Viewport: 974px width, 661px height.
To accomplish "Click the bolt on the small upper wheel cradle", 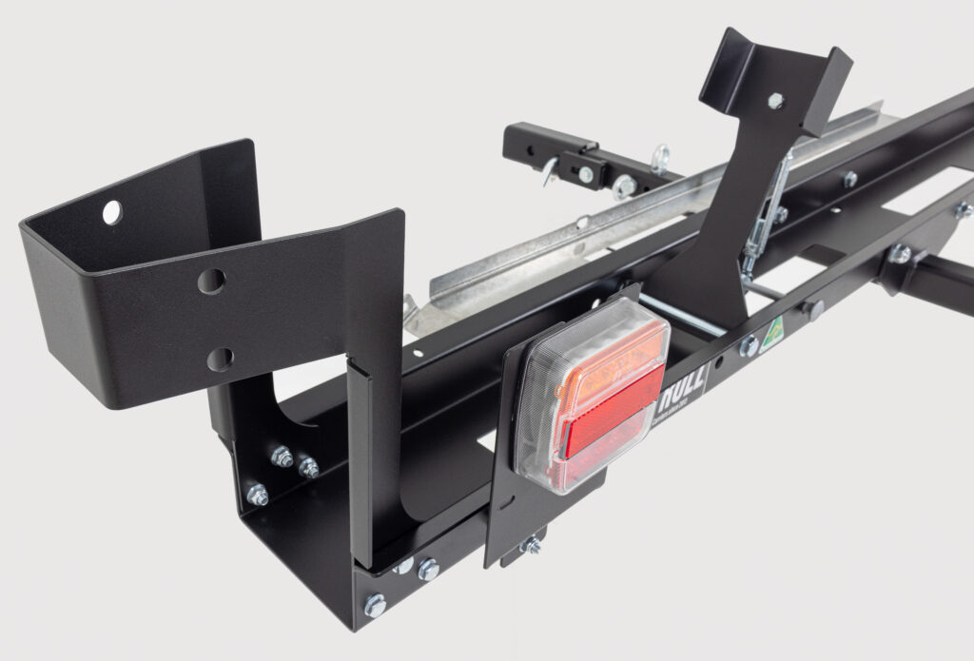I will click(775, 99).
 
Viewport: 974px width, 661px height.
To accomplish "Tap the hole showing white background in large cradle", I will click(112, 212).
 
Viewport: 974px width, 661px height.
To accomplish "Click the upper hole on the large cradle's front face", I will click(211, 281).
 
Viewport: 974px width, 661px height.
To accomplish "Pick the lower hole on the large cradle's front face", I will click(220, 359).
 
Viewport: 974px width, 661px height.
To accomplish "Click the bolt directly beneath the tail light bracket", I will click(530, 545).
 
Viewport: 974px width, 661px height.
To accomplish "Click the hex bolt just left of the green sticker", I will click(749, 346).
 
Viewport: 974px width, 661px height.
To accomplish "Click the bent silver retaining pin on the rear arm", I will click(550, 172).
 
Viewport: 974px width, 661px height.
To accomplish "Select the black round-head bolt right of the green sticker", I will click(814, 309).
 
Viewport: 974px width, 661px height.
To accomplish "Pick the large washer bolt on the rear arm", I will click(624, 185).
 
